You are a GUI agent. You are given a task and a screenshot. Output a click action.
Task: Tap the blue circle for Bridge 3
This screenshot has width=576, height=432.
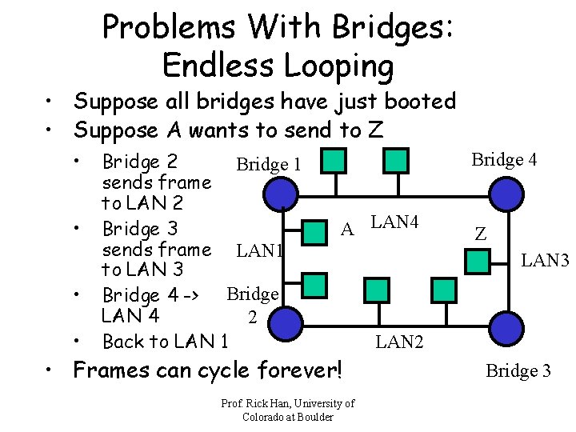coord(504,328)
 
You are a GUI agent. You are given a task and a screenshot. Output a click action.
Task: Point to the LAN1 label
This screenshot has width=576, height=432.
coord(259,251)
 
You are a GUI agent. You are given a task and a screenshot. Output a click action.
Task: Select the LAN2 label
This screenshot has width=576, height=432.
coord(400,342)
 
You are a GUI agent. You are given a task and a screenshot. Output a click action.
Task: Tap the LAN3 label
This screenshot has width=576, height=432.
coord(545,259)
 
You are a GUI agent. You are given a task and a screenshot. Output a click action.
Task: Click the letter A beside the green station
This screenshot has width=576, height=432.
coord(347,230)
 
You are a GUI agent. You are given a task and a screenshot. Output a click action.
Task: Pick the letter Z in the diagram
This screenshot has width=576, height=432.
coord(480,234)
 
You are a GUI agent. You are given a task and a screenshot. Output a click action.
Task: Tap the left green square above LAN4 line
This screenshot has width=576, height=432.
coord(335,161)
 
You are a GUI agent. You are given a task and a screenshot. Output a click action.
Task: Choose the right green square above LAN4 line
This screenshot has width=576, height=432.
coord(395,161)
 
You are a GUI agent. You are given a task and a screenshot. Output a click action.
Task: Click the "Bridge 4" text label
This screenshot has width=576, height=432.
coord(504,159)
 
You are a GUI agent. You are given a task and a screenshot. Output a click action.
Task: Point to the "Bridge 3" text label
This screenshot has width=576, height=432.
coord(518,370)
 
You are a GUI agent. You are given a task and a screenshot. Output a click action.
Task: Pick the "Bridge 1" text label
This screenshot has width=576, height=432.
coord(268,165)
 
